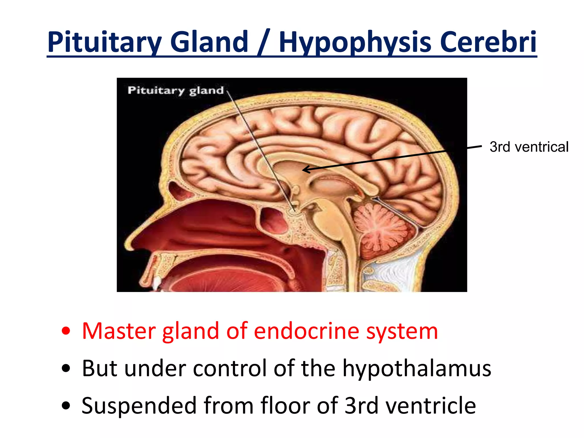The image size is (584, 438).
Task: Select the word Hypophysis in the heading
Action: click(x=355, y=42)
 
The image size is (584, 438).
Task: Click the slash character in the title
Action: click(x=263, y=42)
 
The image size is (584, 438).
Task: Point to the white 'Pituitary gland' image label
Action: click(x=176, y=90)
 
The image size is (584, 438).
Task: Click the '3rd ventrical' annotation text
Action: click(x=529, y=147)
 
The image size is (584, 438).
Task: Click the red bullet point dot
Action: click(x=66, y=331)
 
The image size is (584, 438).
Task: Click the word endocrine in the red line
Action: click(x=306, y=331)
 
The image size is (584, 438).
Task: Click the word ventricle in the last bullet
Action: click(x=431, y=405)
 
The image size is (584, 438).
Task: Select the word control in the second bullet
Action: click(x=230, y=368)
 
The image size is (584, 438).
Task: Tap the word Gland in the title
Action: click(x=209, y=42)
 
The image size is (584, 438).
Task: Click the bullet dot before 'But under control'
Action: click(x=66, y=369)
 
